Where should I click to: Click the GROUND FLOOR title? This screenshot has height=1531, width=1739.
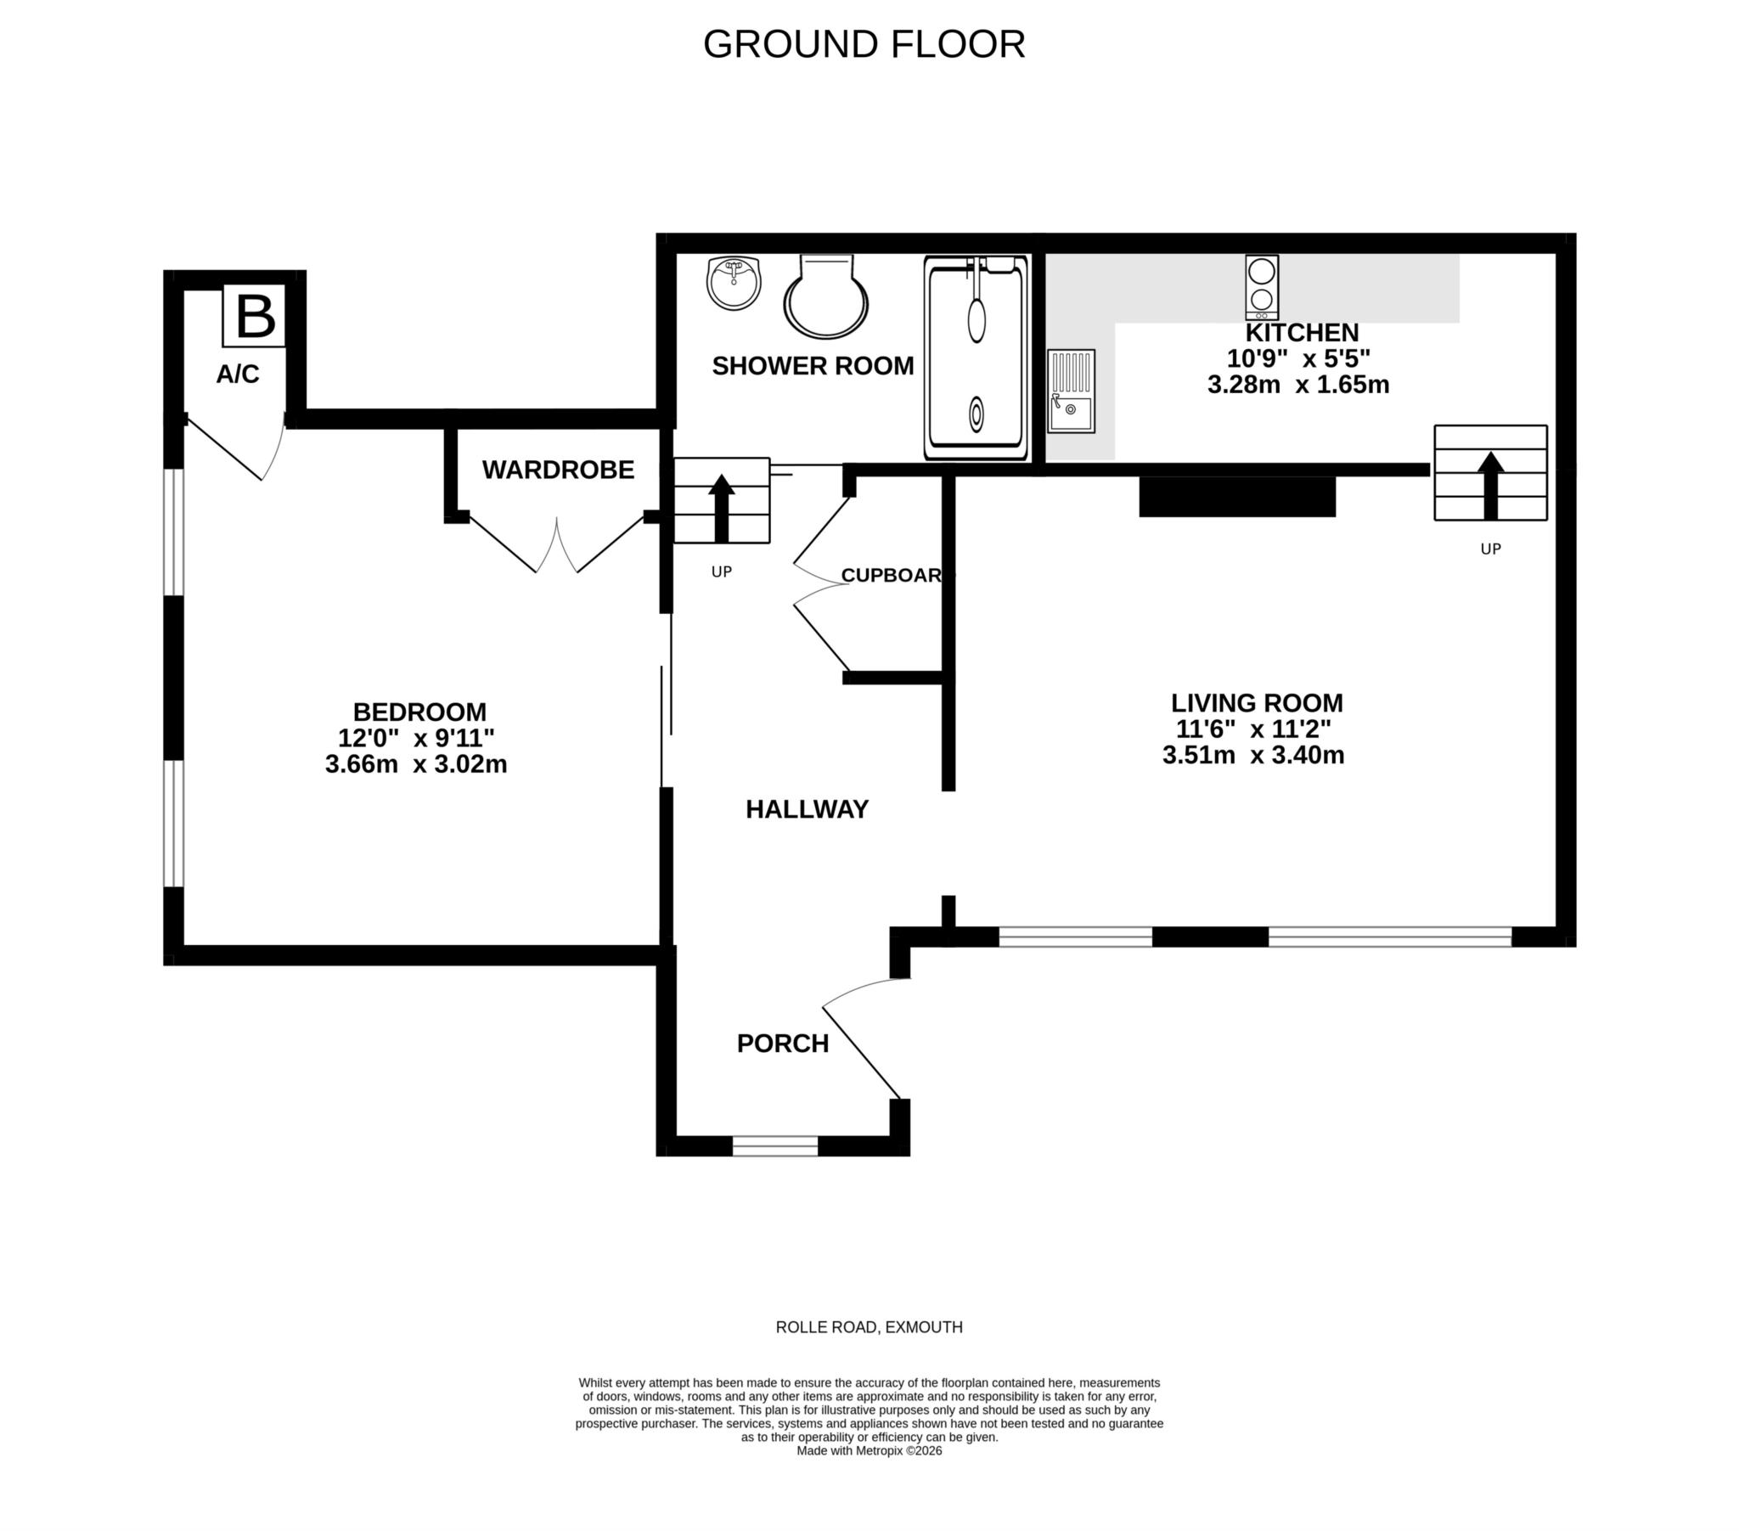point(864,44)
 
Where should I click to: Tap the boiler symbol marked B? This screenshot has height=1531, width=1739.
point(255,318)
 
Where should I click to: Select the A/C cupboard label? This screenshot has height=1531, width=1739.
point(238,374)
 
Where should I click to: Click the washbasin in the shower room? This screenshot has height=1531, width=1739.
point(734,283)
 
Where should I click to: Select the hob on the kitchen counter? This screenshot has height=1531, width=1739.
point(1262,288)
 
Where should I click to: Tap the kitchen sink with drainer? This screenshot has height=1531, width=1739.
point(1070,391)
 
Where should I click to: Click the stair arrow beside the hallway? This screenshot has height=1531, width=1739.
point(722,508)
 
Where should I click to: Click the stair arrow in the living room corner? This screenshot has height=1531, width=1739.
point(1489,484)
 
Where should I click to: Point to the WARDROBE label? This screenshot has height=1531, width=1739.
point(558,470)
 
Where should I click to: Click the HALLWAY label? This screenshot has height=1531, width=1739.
point(807,809)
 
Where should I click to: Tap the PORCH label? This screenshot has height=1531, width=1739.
point(783,1044)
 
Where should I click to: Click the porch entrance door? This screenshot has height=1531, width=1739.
point(862,1052)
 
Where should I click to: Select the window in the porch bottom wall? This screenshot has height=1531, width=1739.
point(775,1145)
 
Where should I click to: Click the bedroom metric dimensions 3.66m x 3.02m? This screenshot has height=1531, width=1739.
point(416,764)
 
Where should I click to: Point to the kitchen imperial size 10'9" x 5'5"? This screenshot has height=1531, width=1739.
point(1298,358)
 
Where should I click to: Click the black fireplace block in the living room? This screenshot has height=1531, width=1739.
point(1237,496)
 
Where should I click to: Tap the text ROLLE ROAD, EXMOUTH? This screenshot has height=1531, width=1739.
point(869,1326)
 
